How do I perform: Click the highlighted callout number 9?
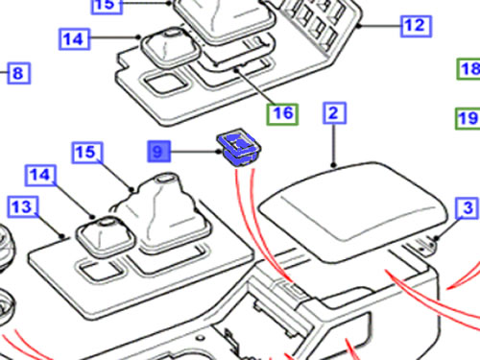[x=159, y=152]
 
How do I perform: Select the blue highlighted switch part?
[x=239, y=148]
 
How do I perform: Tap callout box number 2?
[x=334, y=112]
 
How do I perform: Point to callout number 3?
[x=467, y=208]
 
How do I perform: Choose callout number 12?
[x=416, y=26]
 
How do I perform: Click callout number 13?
[x=23, y=207]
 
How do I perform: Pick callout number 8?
[x=19, y=73]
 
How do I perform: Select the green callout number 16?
[x=283, y=114]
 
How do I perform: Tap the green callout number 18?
[x=468, y=69]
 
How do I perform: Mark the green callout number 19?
[x=468, y=119]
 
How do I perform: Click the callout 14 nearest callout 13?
[x=40, y=175]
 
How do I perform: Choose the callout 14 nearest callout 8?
[x=75, y=39]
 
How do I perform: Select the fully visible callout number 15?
[x=87, y=153]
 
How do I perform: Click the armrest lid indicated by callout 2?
[x=352, y=211]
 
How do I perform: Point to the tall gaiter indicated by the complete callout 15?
[x=163, y=211]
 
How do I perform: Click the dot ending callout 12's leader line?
[x=359, y=27]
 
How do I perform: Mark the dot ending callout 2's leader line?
[x=334, y=165]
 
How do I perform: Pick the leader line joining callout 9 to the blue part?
[x=195, y=152]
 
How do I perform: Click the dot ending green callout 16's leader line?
[x=237, y=70]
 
